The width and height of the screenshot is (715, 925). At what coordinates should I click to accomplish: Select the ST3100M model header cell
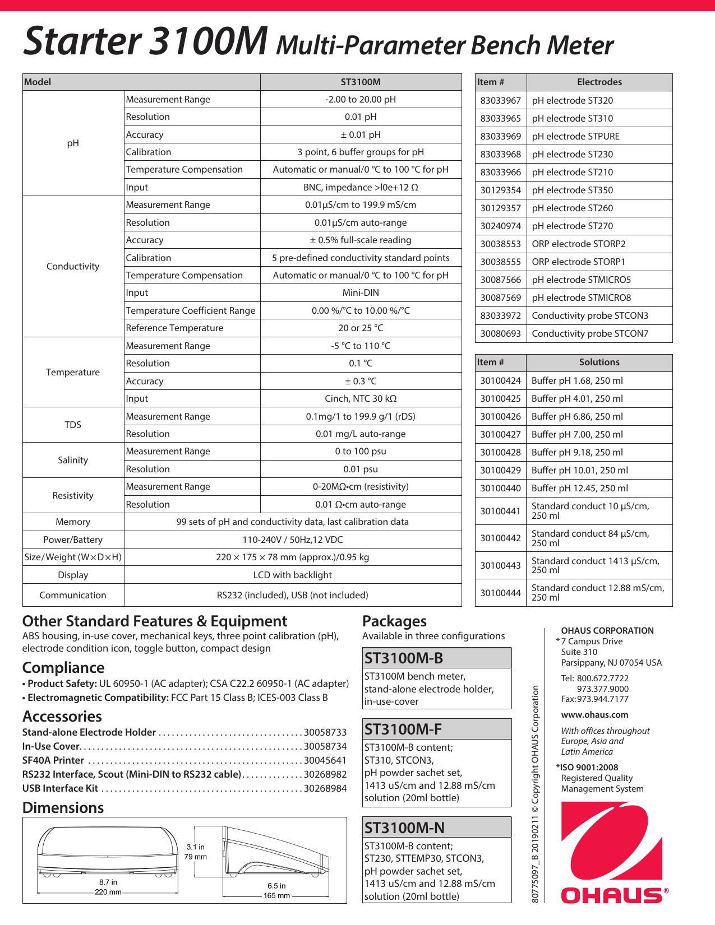point(361,82)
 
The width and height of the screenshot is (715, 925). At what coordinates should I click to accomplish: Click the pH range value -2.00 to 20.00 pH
point(361,99)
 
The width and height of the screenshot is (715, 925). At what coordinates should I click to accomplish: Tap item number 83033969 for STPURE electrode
point(500,136)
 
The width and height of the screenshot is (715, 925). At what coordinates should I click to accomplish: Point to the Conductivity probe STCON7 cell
point(590,333)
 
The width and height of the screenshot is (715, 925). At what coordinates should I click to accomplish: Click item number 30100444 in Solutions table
point(500,593)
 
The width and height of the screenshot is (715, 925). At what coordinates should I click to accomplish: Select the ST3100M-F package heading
point(403,729)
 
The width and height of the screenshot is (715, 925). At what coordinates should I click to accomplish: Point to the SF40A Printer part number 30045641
point(325,760)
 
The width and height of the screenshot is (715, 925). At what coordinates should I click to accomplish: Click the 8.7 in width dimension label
point(108,882)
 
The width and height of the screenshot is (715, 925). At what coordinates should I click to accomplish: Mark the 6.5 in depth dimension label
point(276,886)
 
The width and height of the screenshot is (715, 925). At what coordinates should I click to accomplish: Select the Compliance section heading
point(63,668)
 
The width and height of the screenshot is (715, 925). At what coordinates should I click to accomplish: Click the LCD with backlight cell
point(292,575)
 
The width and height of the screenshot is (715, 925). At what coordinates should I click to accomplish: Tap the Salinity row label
point(73,460)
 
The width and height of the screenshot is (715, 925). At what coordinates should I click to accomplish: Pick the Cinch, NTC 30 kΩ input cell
point(361,398)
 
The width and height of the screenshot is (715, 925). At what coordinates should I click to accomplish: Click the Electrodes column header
point(599,82)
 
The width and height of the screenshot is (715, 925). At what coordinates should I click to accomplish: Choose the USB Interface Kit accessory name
point(60,788)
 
